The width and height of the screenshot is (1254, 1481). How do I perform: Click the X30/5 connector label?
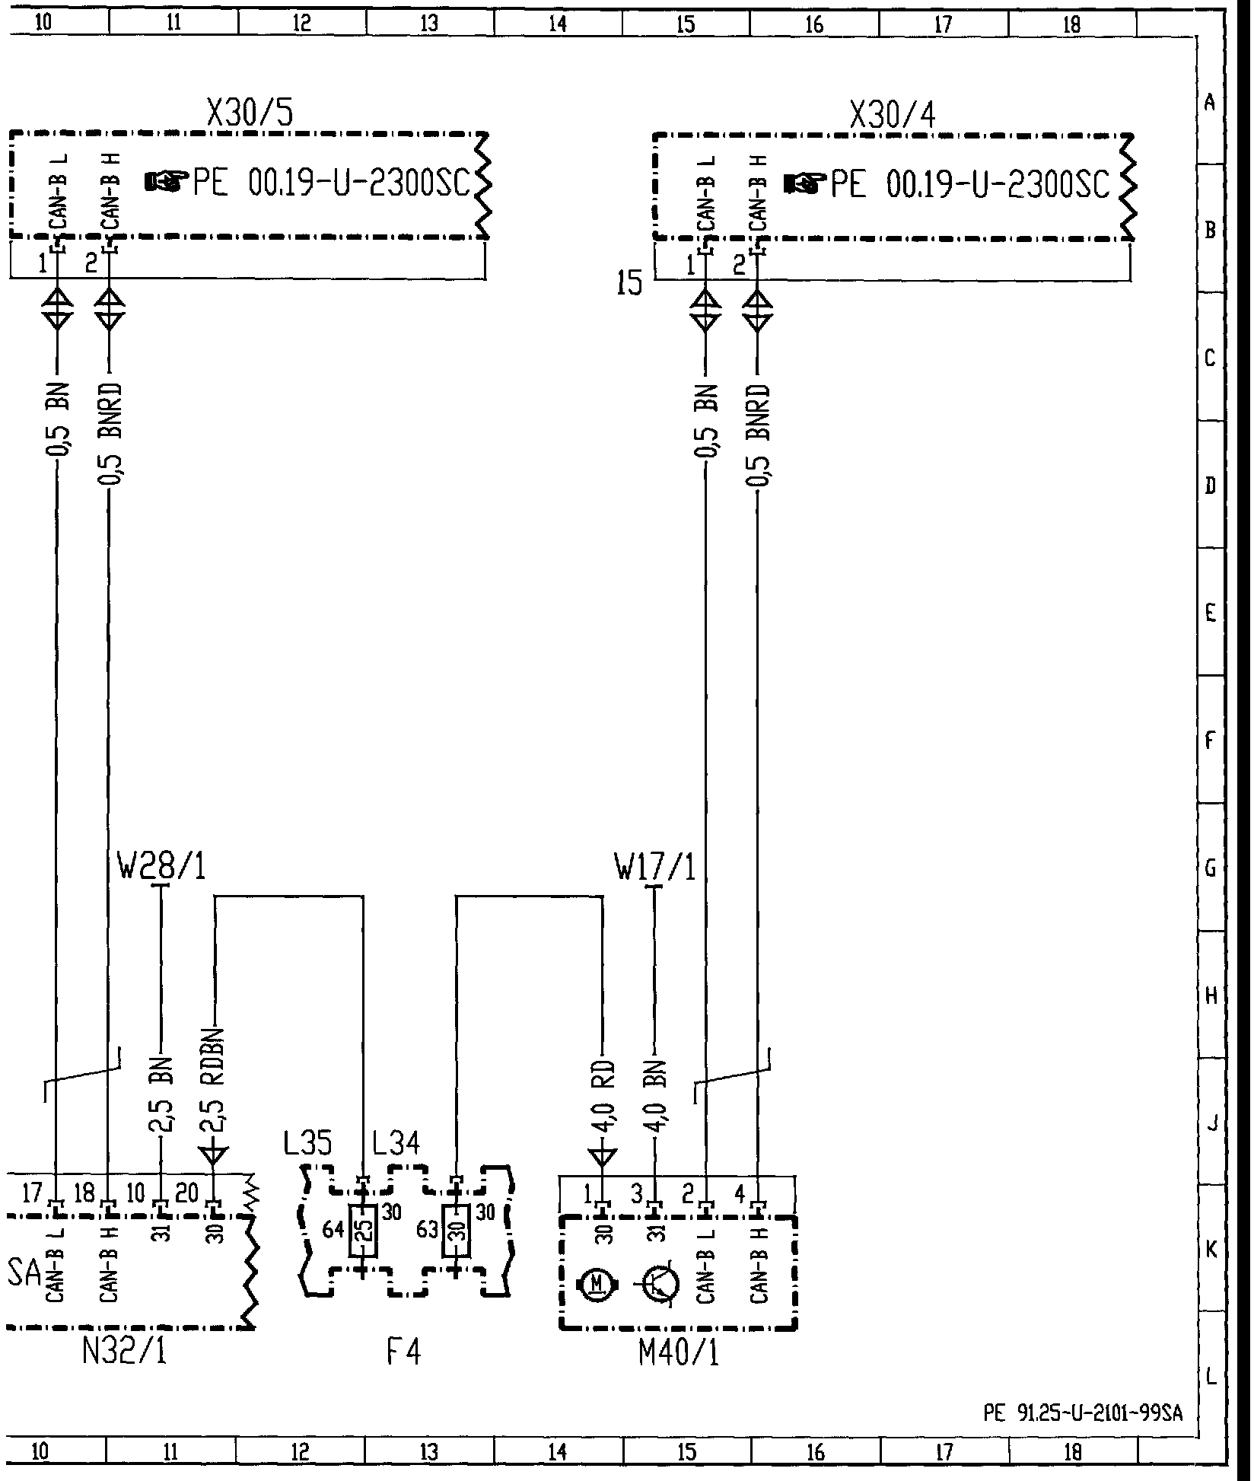coord(250,114)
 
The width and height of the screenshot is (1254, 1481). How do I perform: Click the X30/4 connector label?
coord(893,116)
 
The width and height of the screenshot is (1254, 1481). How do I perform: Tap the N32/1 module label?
coord(124,1352)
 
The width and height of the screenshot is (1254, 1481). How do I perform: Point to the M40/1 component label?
coord(679,1352)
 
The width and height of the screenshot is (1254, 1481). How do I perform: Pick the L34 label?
coord(396,1164)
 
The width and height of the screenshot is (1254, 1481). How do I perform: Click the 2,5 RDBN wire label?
coord(216,1092)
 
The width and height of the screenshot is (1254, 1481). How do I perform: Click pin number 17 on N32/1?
coord(33,1193)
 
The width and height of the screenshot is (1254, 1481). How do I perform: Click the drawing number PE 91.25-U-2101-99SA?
coord(1083,1413)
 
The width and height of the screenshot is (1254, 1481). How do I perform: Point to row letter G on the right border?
coord(1211,868)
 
